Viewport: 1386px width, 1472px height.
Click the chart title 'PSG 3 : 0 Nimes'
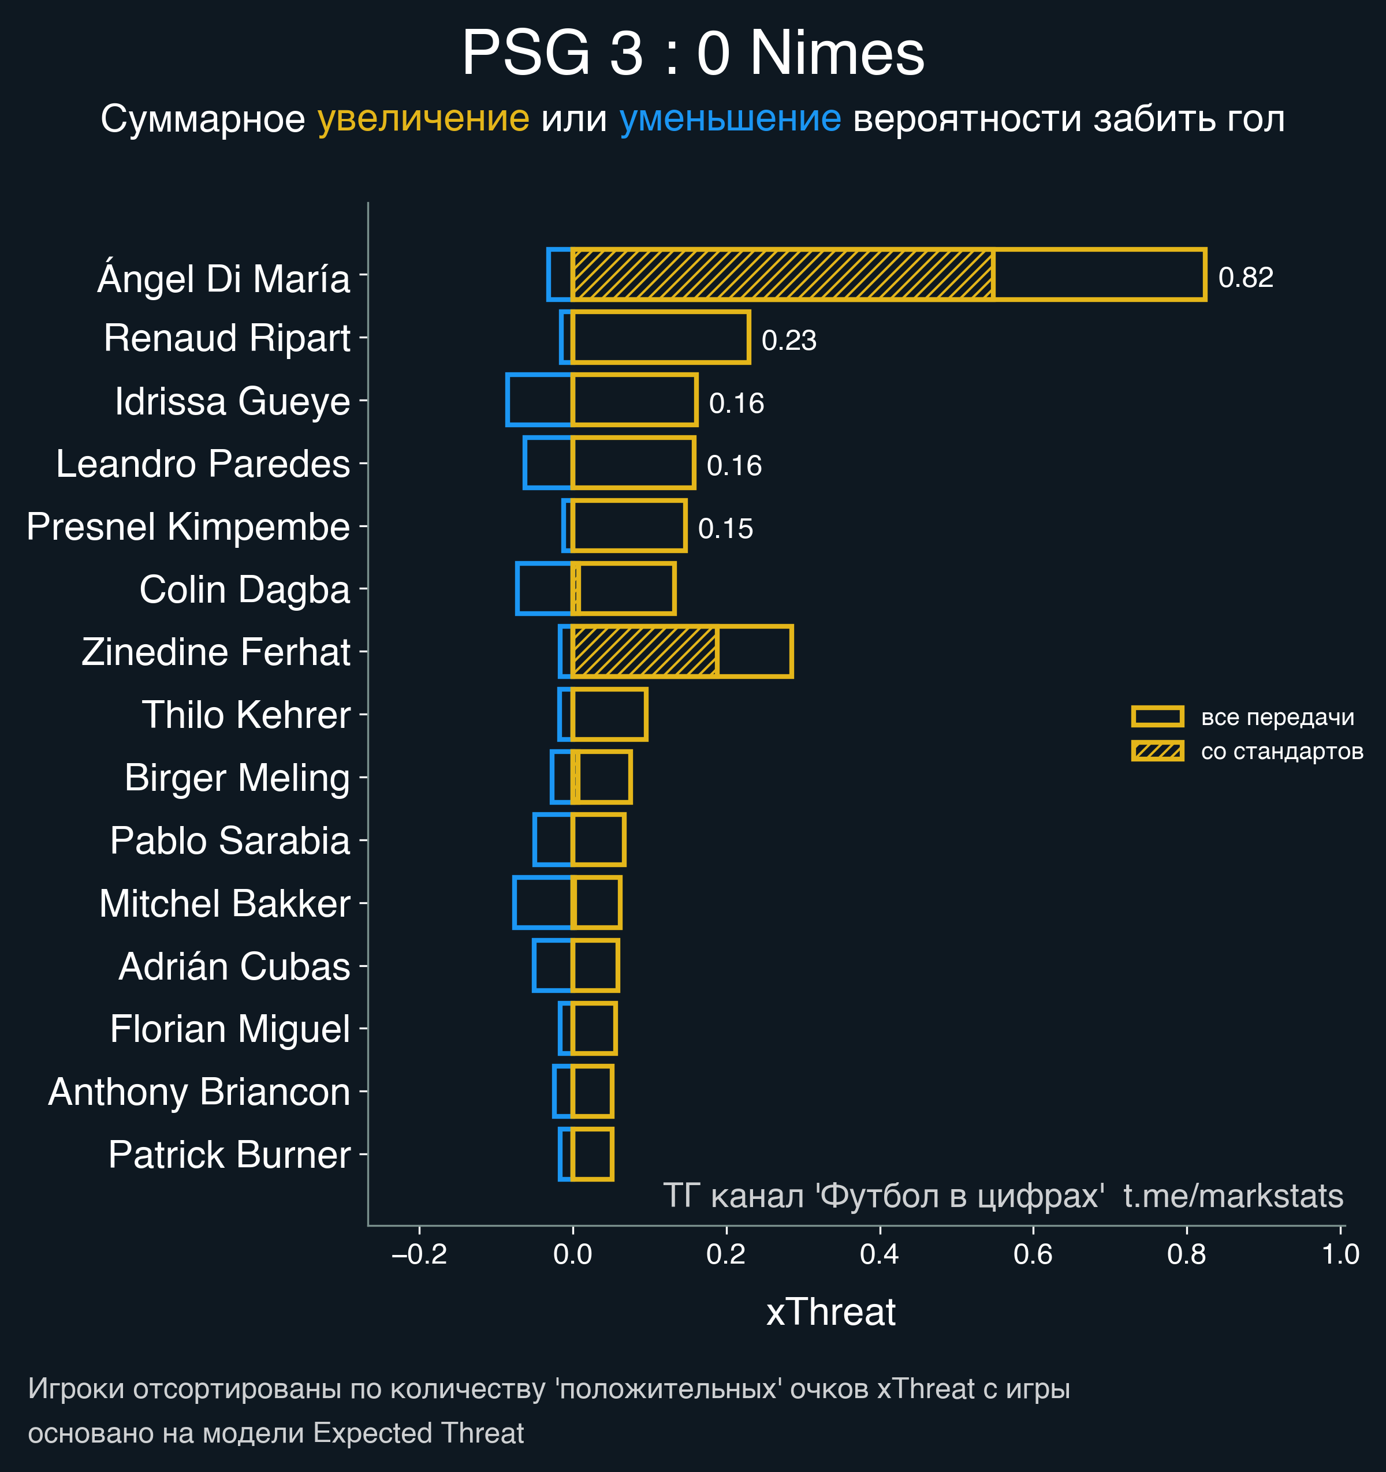pos(692,53)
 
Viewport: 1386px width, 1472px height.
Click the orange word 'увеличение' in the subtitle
pos(423,118)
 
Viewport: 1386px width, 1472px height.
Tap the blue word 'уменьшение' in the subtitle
pos(729,118)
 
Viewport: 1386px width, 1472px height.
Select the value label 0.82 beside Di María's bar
pos(1245,278)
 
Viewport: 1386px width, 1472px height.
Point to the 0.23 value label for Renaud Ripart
pos(788,341)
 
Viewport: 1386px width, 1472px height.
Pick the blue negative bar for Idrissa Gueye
pos(539,400)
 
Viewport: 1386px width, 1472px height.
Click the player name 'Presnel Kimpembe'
pos(188,526)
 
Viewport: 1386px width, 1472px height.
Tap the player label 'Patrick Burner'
pos(229,1155)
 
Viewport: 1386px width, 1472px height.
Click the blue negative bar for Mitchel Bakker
pos(542,903)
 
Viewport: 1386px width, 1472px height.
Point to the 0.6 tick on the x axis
pos(1033,1254)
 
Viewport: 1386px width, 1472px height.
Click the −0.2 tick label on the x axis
pos(419,1254)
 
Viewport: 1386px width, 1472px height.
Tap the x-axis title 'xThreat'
pos(830,1312)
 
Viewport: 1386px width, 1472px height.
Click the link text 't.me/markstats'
pos(1232,1196)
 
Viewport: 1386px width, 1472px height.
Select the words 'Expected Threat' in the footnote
pos(419,1433)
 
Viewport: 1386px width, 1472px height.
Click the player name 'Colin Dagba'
pos(244,589)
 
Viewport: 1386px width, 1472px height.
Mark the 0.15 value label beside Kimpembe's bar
pos(725,529)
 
